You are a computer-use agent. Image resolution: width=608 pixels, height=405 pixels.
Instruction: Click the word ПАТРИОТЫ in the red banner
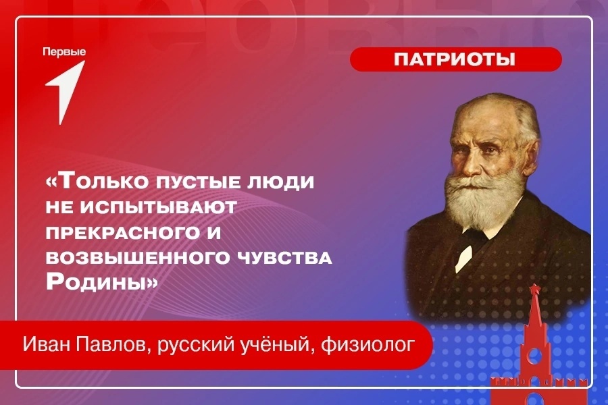(x=455, y=59)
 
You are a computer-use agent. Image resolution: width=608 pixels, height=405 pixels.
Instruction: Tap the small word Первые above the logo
(x=64, y=52)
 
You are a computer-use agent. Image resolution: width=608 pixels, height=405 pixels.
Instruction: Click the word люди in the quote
(x=279, y=182)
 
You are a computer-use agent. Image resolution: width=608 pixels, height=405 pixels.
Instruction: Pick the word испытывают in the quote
(x=159, y=207)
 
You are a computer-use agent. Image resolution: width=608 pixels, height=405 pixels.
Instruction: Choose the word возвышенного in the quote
(x=138, y=258)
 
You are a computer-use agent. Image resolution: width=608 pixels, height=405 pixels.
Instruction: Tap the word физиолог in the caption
(x=368, y=345)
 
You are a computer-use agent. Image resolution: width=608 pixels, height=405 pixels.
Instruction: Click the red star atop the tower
(x=536, y=288)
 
